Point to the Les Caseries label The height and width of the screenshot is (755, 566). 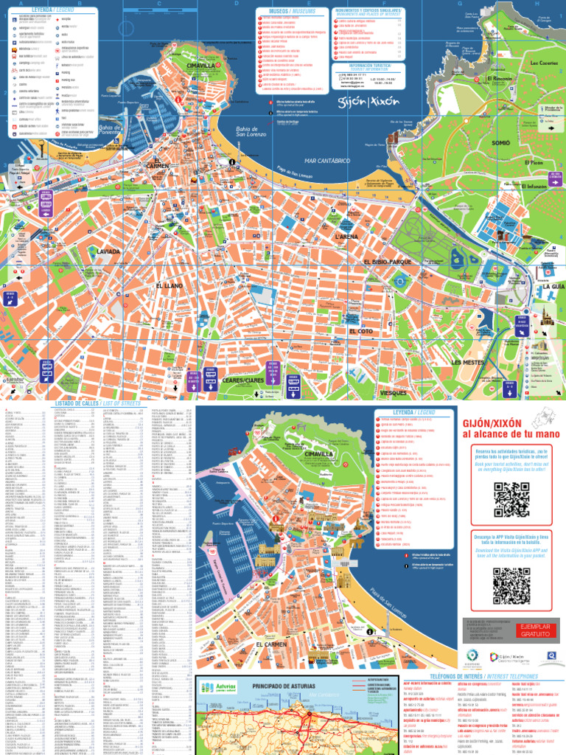click(523, 63)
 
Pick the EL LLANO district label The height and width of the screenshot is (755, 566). click(169, 285)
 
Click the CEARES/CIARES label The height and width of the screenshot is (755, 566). click(243, 380)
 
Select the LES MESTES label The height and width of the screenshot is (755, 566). click(467, 363)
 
